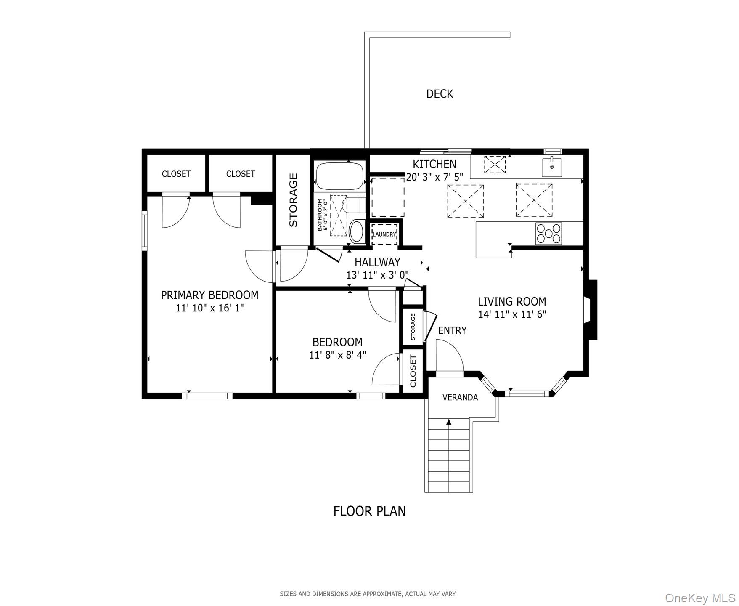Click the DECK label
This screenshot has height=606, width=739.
440,94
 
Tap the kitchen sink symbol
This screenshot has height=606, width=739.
551,167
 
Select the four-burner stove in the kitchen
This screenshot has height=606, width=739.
548,234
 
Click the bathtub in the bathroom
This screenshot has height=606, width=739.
340,176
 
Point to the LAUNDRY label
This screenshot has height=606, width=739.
384,234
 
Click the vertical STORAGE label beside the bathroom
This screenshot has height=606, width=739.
293,200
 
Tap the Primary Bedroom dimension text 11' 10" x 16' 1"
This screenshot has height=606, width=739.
209,308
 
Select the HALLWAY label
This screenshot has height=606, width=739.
377,262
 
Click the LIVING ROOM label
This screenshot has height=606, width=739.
512,301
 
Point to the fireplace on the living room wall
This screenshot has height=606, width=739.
591,310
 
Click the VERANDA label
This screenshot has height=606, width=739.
460,397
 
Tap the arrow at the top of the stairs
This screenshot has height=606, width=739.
449,422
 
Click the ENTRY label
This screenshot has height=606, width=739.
452,330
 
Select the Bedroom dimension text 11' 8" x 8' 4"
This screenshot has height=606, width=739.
337,355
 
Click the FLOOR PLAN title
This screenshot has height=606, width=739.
369,511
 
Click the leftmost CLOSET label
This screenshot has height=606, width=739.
176,174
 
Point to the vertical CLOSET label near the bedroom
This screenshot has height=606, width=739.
413,371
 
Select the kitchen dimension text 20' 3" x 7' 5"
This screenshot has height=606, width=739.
434,177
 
